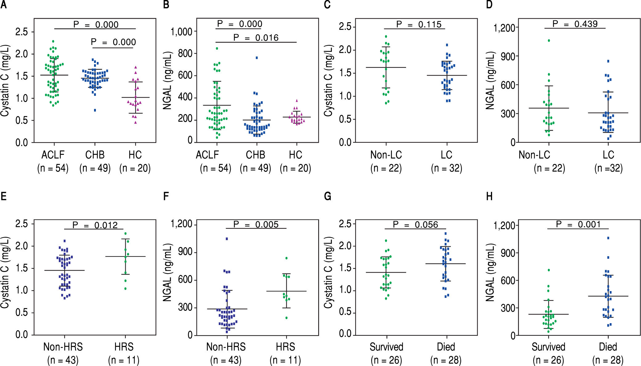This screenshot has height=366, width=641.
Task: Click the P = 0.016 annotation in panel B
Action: [x=256, y=38]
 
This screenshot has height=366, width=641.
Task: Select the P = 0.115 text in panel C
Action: [x=418, y=24]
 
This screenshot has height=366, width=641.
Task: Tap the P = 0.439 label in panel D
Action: [x=575, y=24]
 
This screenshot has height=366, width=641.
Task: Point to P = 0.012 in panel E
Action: [x=95, y=225]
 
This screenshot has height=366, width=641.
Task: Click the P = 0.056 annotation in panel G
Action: [x=415, y=224]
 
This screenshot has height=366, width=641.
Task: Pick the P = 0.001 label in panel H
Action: [x=578, y=224]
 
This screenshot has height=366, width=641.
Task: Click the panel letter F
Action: [x=166, y=196]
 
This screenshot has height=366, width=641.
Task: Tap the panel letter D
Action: [x=489, y=5]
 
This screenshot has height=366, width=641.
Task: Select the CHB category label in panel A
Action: [x=95, y=155]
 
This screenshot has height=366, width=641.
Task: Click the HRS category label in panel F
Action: [x=286, y=347]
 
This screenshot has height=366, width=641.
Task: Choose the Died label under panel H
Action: [x=608, y=347]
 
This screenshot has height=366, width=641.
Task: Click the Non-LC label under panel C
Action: [x=386, y=155]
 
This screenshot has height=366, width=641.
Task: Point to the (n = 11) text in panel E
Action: [x=124, y=360]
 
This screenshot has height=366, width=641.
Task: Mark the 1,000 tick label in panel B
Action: [x=182, y=31]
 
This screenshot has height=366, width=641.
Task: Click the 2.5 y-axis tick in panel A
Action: [x=22, y=32]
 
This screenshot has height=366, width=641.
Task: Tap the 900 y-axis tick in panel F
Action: [x=185, y=252]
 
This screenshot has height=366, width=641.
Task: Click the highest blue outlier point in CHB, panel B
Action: [x=257, y=58]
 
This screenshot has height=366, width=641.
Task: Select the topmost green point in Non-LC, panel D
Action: [x=549, y=40]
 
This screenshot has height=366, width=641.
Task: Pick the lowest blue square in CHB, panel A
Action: [x=95, y=110]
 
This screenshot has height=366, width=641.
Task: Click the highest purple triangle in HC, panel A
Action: [x=135, y=67]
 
